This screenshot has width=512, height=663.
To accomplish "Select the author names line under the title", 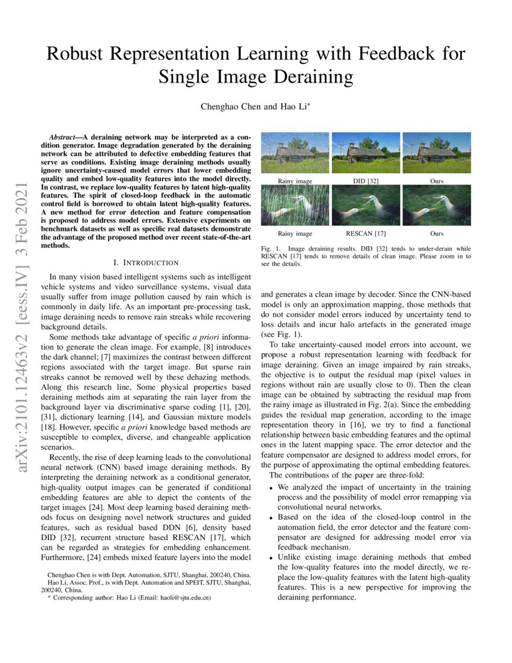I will pyautogui.click(x=255, y=107).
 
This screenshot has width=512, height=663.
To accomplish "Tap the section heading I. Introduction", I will pyautogui.click(x=146, y=262).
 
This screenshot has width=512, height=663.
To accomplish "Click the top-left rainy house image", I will pyautogui.click(x=295, y=153).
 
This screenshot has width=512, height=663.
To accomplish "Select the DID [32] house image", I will pyautogui.click(x=366, y=153).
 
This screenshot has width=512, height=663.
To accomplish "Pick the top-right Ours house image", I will pyautogui.click(x=437, y=153).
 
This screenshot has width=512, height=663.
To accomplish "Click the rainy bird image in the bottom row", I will pyautogui.click(x=295, y=205).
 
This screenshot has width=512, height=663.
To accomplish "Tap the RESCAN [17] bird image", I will pyautogui.click(x=366, y=205).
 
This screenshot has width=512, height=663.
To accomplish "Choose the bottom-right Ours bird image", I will pyautogui.click(x=437, y=205).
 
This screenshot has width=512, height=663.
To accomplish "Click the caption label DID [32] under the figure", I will pyautogui.click(x=366, y=181).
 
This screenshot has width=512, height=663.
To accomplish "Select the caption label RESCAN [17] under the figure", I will pyautogui.click(x=366, y=233).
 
